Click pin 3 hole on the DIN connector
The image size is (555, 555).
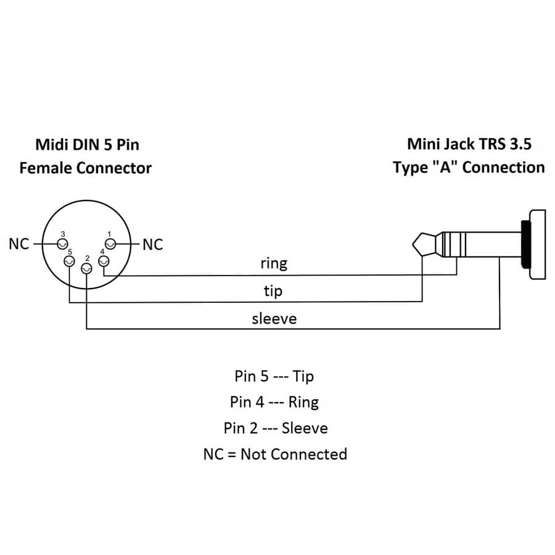point(61,244)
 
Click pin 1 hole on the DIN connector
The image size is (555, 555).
point(111,244)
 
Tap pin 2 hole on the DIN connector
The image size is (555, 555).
point(87,267)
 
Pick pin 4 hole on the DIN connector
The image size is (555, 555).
point(104,262)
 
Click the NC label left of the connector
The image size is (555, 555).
point(18,244)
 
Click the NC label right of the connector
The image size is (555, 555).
point(153,245)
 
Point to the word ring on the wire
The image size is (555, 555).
point(274,263)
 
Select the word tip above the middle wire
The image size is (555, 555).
point(273,290)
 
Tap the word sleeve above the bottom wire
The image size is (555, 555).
point(274,318)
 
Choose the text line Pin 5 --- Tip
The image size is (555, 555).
point(274,376)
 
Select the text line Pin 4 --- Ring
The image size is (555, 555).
point(274,402)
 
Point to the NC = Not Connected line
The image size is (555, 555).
point(275,454)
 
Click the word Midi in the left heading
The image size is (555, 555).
point(50,144)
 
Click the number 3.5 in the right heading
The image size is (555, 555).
point(519,144)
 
